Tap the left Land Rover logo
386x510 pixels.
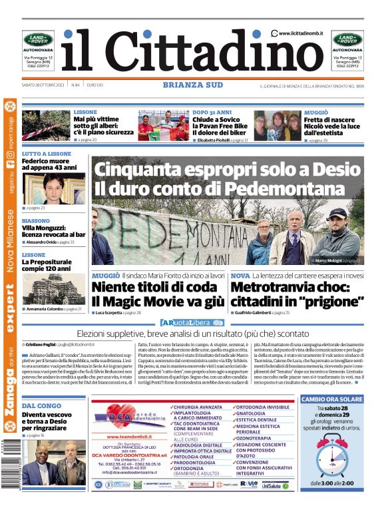tap(38, 39)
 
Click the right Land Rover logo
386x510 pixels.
tap(347, 39)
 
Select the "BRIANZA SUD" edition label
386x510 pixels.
tap(191, 85)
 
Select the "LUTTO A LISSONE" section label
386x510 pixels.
tap(46, 154)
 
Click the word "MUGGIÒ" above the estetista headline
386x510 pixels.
tap(316, 113)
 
